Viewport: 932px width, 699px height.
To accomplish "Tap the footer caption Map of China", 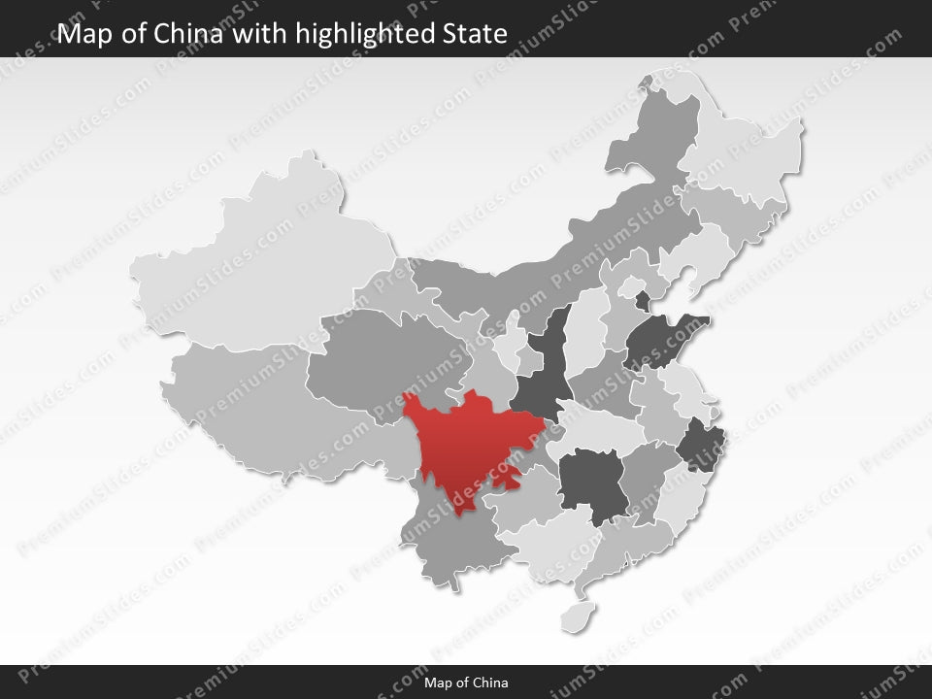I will [x=466, y=682].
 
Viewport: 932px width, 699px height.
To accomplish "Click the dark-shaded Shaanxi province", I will [x=544, y=369].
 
